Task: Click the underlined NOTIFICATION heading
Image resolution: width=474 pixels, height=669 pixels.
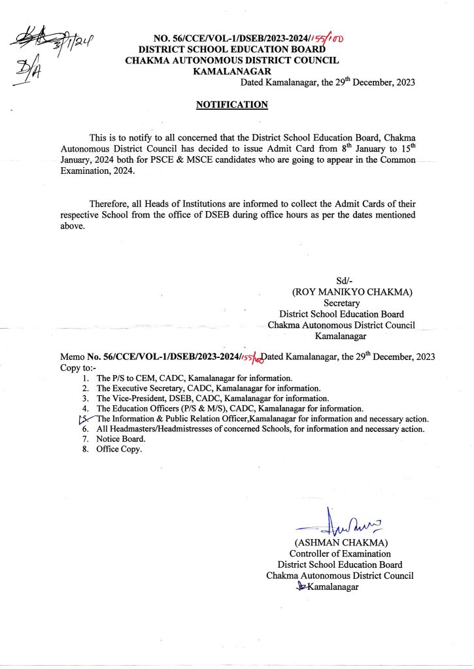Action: [232, 105]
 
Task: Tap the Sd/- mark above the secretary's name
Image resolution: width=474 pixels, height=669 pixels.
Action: [344, 281]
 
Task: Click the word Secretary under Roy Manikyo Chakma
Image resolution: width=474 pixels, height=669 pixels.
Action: [342, 303]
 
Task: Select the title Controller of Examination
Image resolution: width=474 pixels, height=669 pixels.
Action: [340, 554]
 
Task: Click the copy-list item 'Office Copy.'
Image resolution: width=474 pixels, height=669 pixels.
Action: [119, 449]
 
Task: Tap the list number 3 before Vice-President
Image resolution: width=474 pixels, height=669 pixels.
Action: [85, 398]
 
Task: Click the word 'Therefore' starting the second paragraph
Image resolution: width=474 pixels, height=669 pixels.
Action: [109, 204]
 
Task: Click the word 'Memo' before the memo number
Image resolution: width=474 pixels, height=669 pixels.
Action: [72, 358]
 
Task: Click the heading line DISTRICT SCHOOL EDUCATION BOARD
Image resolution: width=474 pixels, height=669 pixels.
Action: [232, 50]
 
